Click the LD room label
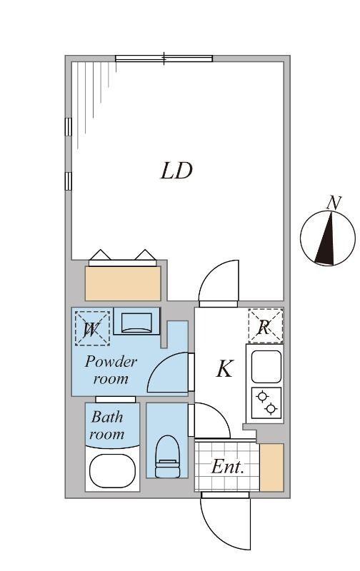point(176,171)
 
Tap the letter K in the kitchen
point(224,369)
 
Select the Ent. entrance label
point(228,468)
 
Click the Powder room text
point(111,370)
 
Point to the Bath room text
point(106,425)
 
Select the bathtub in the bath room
point(112,471)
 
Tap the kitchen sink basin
point(266,365)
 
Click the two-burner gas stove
point(266,403)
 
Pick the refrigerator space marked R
point(265,327)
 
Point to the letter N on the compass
point(333,203)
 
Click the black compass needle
point(328,239)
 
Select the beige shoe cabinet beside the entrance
point(271,468)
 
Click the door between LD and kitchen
point(218,283)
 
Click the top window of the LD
point(164,59)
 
